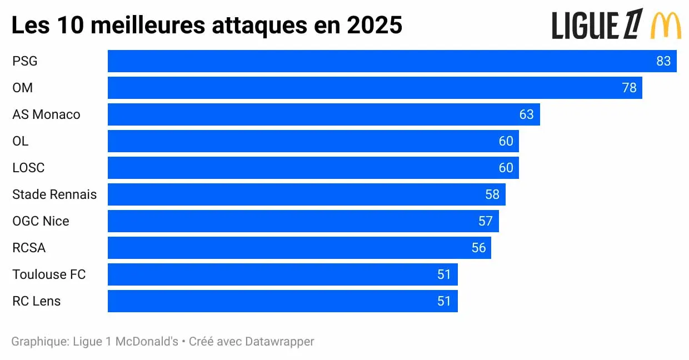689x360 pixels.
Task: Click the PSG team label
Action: point(25,61)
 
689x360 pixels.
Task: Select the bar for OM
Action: point(375,88)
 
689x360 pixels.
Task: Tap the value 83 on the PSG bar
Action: point(663,61)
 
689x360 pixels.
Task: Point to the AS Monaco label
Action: point(46,114)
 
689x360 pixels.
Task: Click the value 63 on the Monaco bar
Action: point(526,114)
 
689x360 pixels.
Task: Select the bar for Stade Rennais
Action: point(306,194)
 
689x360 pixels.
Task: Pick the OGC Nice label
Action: point(41,221)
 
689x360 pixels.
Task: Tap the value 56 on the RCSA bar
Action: point(478,248)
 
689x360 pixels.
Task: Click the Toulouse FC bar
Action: point(282,274)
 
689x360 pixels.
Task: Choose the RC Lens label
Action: point(37,301)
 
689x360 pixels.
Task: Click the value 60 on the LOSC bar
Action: point(506,168)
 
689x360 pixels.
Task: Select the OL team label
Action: point(20,141)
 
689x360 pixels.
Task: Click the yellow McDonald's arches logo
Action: point(666,25)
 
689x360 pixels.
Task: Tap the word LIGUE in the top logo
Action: point(585,26)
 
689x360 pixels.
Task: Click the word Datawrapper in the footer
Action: point(279,341)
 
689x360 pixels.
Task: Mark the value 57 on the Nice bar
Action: point(485,221)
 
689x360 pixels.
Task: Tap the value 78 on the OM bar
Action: point(629,88)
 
